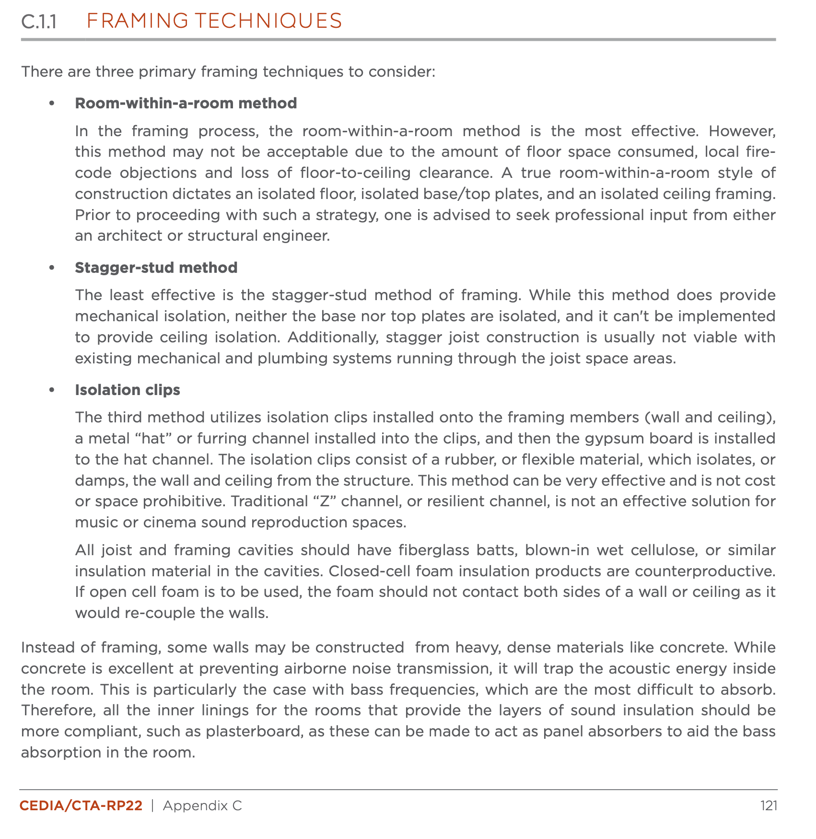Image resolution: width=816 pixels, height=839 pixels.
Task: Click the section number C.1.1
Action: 39,22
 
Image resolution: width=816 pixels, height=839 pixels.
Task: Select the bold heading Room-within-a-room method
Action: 186,103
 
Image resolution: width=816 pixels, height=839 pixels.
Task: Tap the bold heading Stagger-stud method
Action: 156,268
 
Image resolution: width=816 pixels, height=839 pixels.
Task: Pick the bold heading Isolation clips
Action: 127,390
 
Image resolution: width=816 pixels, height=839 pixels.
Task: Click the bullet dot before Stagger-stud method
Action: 52,268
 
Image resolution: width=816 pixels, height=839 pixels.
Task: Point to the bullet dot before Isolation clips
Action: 52,390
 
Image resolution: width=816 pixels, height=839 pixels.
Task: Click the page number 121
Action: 768,805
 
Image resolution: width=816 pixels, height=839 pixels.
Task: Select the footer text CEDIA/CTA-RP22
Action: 81,805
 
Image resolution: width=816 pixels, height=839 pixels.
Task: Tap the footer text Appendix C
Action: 202,805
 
